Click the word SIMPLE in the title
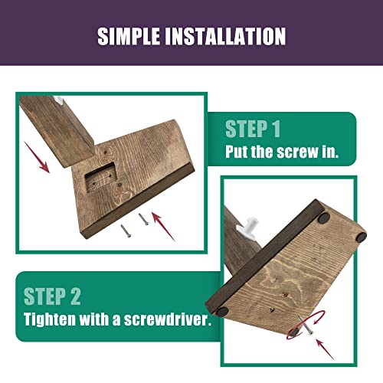coord(129,36)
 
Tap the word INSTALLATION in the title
coord(225,36)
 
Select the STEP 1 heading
coord(253,129)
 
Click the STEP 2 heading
coord(52,296)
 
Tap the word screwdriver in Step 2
coord(168,319)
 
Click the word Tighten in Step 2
coord(50,319)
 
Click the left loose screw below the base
coord(126,231)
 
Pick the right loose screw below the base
coord(144,219)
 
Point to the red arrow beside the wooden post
coord(37,157)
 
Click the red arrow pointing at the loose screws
coord(163,227)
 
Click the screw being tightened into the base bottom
coord(306,326)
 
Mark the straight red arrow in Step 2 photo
coord(325,349)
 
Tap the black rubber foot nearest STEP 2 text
coord(222,312)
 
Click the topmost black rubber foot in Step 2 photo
coord(324,218)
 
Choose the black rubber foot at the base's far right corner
coord(362,237)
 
